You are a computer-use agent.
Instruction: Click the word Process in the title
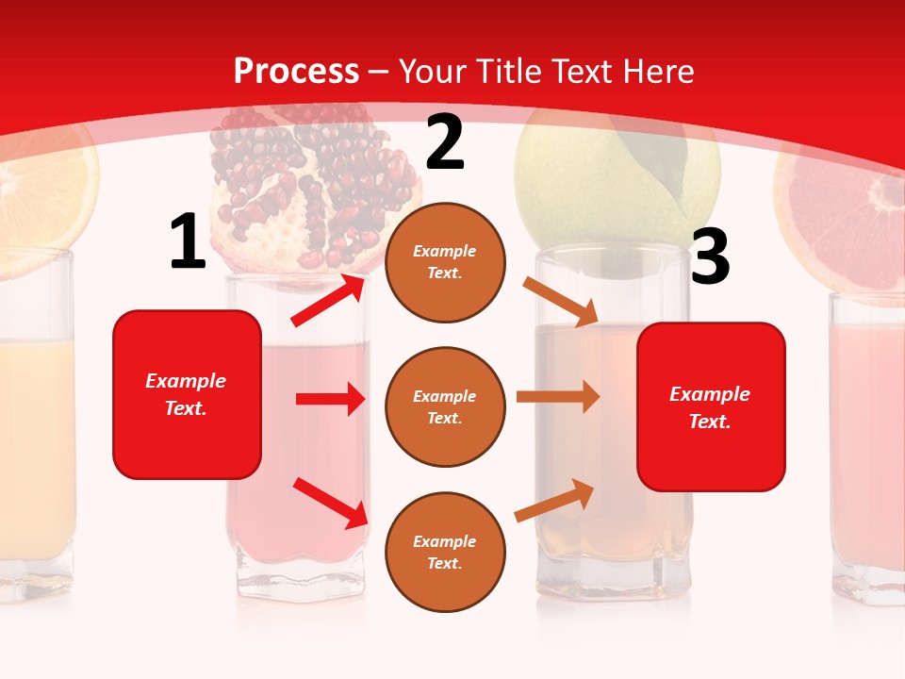tap(296, 72)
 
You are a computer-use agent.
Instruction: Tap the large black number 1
tap(187, 242)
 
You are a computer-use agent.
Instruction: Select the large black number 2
tap(445, 142)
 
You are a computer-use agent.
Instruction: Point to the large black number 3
tap(710, 257)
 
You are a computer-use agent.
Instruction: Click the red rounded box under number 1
tap(187, 394)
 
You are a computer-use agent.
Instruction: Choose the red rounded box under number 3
tap(711, 406)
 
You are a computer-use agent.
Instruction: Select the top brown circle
tap(445, 262)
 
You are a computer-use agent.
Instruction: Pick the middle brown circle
tap(445, 406)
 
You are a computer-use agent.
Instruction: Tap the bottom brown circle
tap(445, 552)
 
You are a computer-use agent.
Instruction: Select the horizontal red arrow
tap(330, 399)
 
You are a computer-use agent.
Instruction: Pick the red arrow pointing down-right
tap(331, 502)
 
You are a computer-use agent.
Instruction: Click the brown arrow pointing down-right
tap(561, 301)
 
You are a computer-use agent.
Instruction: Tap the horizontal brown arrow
tap(557, 396)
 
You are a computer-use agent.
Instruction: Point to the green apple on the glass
tap(617, 179)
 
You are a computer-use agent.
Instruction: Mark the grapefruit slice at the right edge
tap(844, 226)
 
